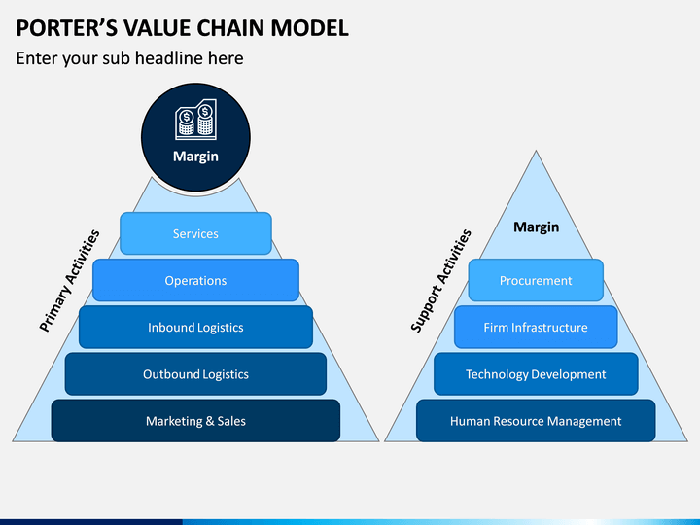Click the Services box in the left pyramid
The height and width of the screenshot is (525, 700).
click(x=195, y=233)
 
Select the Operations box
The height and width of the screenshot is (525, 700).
click(x=195, y=280)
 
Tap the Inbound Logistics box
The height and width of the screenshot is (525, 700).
click(x=195, y=328)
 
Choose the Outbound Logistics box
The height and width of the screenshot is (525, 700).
click(x=195, y=374)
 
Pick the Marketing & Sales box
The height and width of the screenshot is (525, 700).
click(x=195, y=421)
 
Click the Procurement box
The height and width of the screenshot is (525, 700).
click(x=536, y=280)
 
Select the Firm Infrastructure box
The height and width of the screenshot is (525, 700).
click(x=536, y=328)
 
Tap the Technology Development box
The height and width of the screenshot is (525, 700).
click(x=536, y=374)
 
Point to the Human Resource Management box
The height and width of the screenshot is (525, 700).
click(x=536, y=421)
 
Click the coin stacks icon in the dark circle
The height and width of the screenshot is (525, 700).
click(x=195, y=120)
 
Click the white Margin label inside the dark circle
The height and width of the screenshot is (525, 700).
click(x=195, y=157)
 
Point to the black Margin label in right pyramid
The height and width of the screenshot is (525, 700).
click(x=536, y=227)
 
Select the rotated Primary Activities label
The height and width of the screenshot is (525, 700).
click(x=69, y=281)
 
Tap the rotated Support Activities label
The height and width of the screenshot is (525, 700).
click(x=440, y=281)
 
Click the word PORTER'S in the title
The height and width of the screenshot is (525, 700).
click(x=67, y=28)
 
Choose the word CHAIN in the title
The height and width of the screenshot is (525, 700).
click(x=231, y=28)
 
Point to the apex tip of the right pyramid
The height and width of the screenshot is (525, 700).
click(x=536, y=151)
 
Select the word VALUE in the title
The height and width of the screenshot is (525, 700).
click(x=157, y=28)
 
